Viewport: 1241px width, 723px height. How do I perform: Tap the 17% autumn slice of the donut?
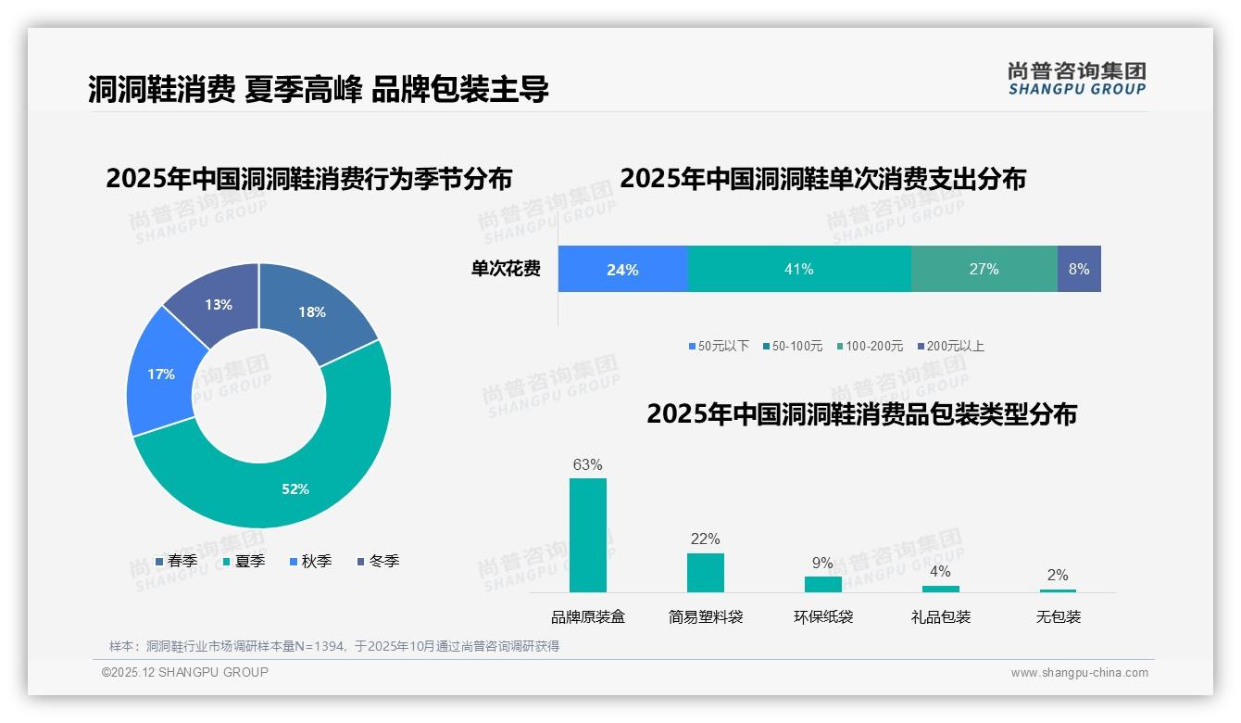[x=162, y=374]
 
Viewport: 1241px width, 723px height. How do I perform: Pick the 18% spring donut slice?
[x=313, y=311]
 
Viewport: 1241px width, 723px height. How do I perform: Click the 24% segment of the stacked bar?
[x=622, y=270]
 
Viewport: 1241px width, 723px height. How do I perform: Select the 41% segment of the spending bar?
[x=798, y=270]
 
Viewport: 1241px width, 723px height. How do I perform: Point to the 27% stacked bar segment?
[x=984, y=270]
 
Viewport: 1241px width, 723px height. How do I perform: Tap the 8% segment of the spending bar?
[x=1079, y=270]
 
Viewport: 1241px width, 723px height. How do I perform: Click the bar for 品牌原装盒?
[x=588, y=535]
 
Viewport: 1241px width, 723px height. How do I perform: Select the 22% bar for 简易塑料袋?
[x=706, y=572]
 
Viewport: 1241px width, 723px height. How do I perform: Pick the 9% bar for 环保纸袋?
[x=822, y=584]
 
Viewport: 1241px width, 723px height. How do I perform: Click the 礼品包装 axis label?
[x=941, y=617]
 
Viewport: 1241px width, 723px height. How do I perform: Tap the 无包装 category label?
[x=1059, y=617]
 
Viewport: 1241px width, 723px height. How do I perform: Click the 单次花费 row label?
[x=506, y=270]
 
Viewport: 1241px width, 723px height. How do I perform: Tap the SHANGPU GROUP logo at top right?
[x=1076, y=79]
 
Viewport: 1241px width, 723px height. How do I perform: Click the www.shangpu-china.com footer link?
[x=1079, y=673]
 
